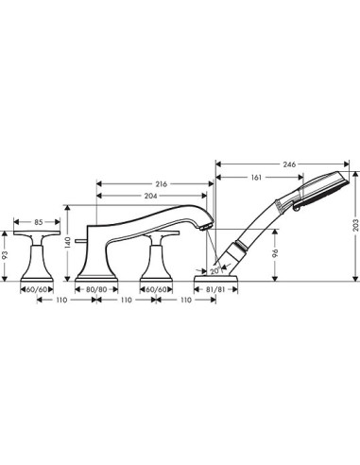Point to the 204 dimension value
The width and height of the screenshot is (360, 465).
point(151,196)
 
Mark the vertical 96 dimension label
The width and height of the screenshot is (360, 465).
point(275,252)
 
